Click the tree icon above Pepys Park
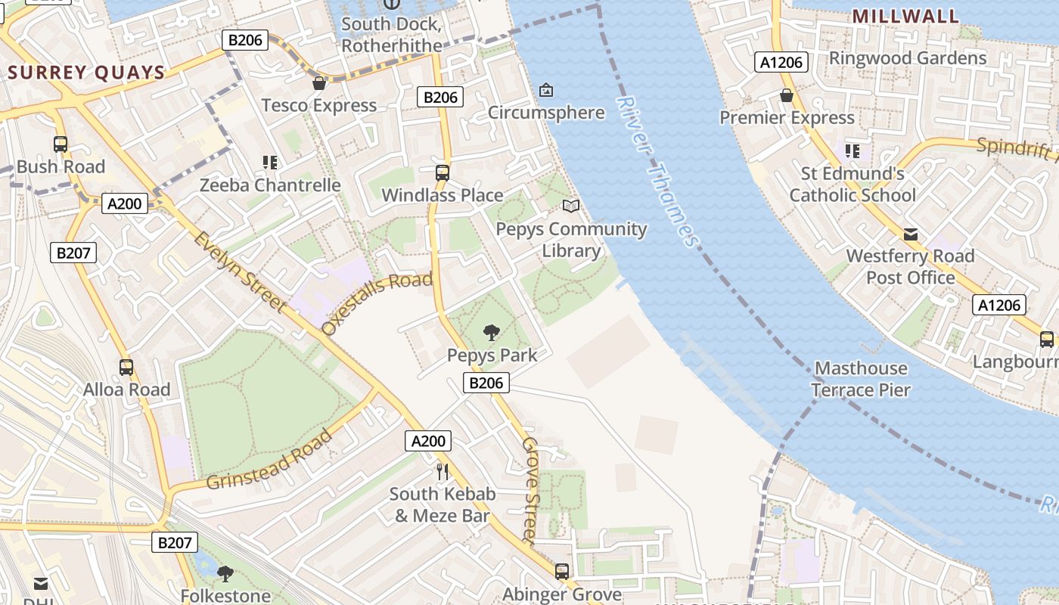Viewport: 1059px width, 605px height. pyautogui.click(x=492, y=332)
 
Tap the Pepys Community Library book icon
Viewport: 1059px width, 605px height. pyautogui.click(x=571, y=206)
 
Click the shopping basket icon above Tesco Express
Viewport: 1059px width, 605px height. pyautogui.click(x=319, y=82)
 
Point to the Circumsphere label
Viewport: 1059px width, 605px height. pyautogui.click(x=545, y=113)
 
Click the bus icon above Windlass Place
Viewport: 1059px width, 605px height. pyautogui.click(x=443, y=172)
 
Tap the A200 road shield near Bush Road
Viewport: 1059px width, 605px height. pyautogui.click(x=125, y=203)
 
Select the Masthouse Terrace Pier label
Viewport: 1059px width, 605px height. pyautogui.click(x=860, y=379)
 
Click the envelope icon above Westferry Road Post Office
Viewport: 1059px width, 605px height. pyautogui.click(x=911, y=234)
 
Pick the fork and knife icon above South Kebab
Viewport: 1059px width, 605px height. pyautogui.click(x=443, y=472)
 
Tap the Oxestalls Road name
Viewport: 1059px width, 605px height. pyautogui.click(x=376, y=303)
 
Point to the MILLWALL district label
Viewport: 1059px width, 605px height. pyautogui.click(x=905, y=16)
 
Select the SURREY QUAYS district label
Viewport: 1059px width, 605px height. pyautogui.click(x=86, y=73)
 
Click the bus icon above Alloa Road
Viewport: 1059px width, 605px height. pyautogui.click(x=126, y=368)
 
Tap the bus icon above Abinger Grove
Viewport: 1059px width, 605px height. pyautogui.click(x=562, y=572)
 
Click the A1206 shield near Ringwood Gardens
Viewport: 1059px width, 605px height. pyautogui.click(x=781, y=62)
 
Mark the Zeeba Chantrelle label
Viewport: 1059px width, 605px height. pyautogui.click(x=270, y=185)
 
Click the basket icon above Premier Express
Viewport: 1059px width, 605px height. pyautogui.click(x=787, y=95)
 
